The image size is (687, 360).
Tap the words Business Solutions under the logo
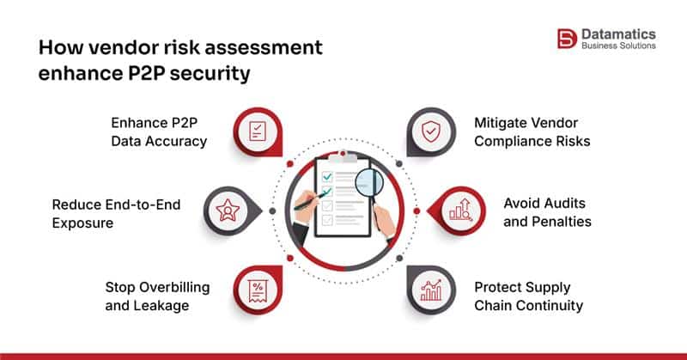619,46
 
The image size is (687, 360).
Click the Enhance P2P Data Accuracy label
159,131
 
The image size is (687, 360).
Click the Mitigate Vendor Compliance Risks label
532,131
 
